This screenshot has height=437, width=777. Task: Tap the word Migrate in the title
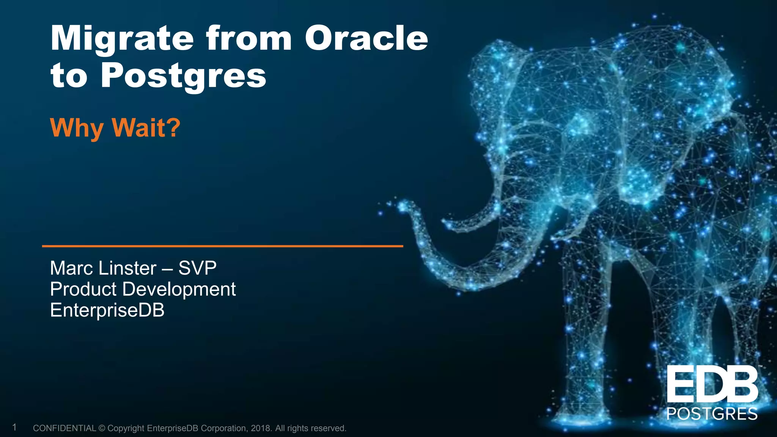122,39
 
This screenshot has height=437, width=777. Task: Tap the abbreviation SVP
197,268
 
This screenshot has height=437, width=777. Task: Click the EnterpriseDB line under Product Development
107,310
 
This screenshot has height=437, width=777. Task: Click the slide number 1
14,428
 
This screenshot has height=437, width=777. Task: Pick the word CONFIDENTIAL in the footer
64,428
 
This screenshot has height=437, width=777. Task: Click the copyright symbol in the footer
101,428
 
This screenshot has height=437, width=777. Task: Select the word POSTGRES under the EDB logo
712,413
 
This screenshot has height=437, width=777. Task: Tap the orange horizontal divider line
222,246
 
